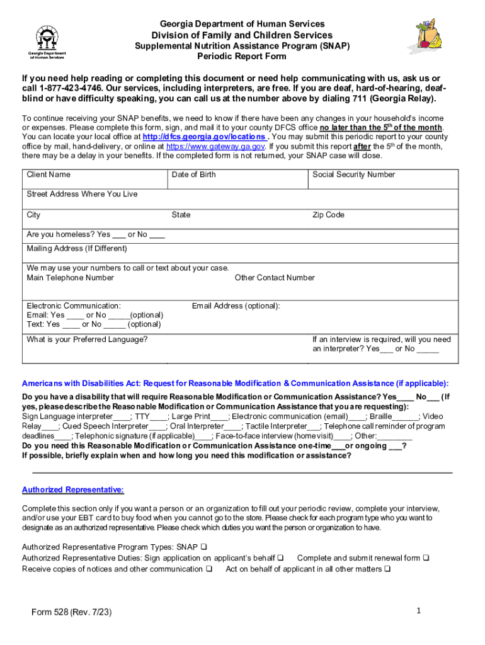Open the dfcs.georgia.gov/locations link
(x=204, y=137)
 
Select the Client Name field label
(x=48, y=174)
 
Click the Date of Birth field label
(x=193, y=174)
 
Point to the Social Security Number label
(x=353, y=174)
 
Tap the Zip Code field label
(x=328, y=215)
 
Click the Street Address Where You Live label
(x=82, y=194)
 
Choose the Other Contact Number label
(x=275, y=278)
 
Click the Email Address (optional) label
(x=236, y=305)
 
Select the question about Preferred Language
(x=87, y=340)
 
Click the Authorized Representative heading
(x=73, y=490)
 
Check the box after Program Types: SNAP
(x=204, y=547)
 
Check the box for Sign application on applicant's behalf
(x=280, y=558)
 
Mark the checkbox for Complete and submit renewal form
(x=426, y=558)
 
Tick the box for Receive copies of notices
(x=208, y=569)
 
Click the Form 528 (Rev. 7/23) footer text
(x=72, y=612)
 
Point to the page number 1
(x=418, y=610)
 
